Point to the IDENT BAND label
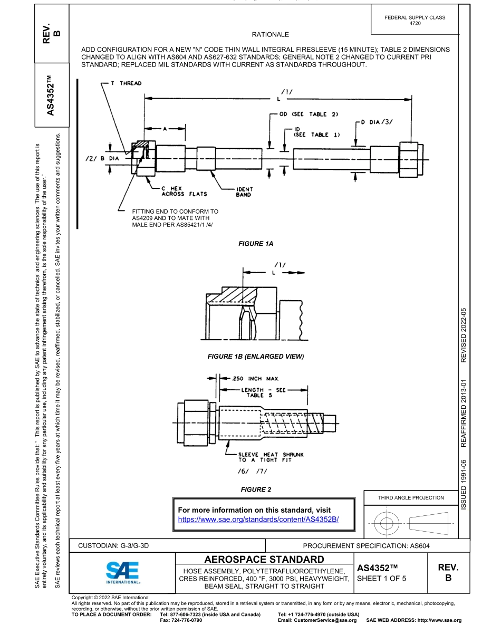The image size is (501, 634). pyautogui.click(x=244, y=191)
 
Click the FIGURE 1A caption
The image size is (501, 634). pyautogui.click(x=256, y=244)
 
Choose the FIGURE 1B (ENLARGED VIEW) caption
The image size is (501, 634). pyautogui.click(x=256, y=357)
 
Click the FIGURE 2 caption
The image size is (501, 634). pyautogui.click(x=256, y=490)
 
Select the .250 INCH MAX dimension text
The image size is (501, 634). pyautogui.click(x=256, y=379)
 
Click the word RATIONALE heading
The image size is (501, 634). pyautogui.click(x=271, y=35)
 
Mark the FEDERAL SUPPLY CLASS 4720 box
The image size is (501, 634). pyautogui.click(x=415, y=20)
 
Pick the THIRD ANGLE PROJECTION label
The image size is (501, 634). pyautogui.click(x=411, y=498)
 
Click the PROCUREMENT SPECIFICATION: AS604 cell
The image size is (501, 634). pyautogui.click(x=371, y=545)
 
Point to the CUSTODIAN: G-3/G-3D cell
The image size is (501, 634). pyautogui.click(x=114, y=545)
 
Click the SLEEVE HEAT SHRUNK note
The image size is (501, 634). pyautogui.click(x=271, y=457)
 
